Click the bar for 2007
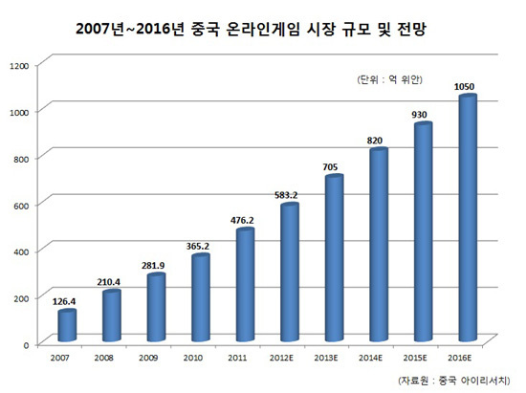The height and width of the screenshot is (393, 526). pyautogui.click(x=67, y=326)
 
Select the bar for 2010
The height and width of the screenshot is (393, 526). pyautogui.click(x=201, y=297)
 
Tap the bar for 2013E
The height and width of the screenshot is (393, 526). pyautogui.click(x=334, y=258)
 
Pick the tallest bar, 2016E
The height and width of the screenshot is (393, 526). pyautogui.click(x=468, y=218)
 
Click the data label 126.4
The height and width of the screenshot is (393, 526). pyautogui.click(x=64, y=301)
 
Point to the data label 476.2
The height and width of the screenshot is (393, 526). pyautogui.click(x=242, y=220)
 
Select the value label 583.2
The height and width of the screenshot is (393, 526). pyautogui.click(x=286, y=195)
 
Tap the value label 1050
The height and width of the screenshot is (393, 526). pyautogui.click(x=464, y=86)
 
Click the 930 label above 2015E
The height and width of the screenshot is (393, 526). pyautogui.click(x=419, y=115)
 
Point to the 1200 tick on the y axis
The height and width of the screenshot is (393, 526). pyautogui.click(x=19, y=66)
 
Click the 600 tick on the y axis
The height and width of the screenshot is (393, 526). pyautogui.click(x=21, y=206)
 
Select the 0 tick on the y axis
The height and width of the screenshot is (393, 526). pyautogui.click(x=26, y=345)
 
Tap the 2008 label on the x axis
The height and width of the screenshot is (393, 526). pyautogui.click(x=103, y=358)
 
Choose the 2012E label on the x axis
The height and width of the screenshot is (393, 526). pyautogui.click(x=281, y=358)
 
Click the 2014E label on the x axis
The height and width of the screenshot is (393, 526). pyautogui.click(x=371, y=358)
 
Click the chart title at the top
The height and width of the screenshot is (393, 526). pyautogui.click(x=251, y=29)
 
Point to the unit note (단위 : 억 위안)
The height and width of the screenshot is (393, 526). pyautogui.click(x=390, y=79)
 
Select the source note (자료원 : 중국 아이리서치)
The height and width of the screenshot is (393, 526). pyautogui.click(x=454, y=381)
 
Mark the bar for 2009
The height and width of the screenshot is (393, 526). pyautogui.click(x=156, y=308)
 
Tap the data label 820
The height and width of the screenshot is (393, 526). pyautogui.click(x=375, y=141)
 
